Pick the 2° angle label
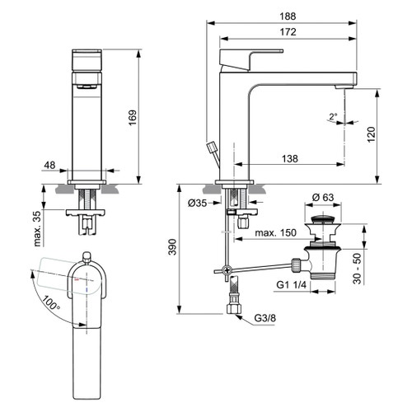(334, 116)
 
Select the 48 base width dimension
(50, 165)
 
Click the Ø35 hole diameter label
(198, 203)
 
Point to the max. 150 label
(276, 234)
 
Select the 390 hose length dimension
(171, 248)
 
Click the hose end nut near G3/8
(233, 311)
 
